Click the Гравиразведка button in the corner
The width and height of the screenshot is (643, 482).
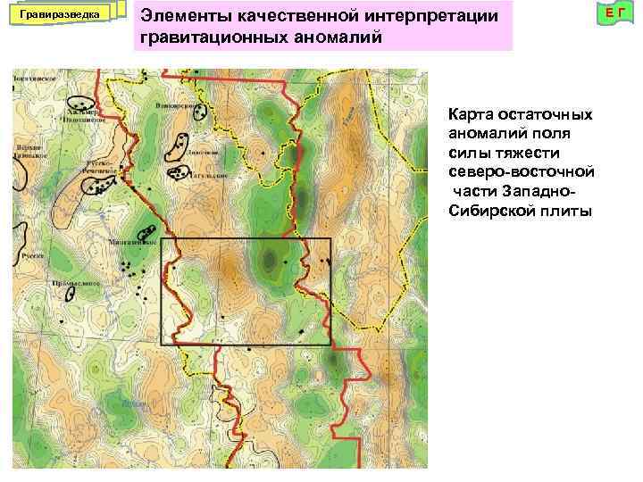[x=62, y=15]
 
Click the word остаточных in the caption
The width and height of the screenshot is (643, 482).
[x=547, y=115]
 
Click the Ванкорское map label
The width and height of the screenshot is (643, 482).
[x=175, y=105]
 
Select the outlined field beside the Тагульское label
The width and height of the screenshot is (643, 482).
[x=180, y=172]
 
